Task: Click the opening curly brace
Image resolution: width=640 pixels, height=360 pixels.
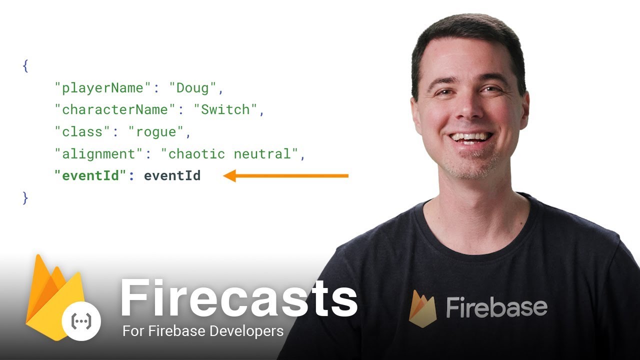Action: tap(25, 66)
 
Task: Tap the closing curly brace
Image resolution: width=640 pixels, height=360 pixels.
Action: tap(25, 198)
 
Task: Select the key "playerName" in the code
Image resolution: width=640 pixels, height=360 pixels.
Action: tap(102, 87)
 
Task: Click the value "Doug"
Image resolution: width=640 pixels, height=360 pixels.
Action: tap(192, 87)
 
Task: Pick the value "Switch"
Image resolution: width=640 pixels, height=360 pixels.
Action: tap(225, 109)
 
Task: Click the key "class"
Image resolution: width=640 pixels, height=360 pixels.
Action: tap(82, 131)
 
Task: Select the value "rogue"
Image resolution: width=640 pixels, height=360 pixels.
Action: tap(156, 132)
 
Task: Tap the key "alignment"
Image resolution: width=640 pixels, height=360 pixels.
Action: tap(98, 154)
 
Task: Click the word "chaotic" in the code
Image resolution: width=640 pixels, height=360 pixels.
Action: tap(196, 154)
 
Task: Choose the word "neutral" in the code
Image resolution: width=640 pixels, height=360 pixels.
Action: tap(262, 154)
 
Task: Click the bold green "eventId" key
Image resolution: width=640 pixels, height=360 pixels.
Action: tap(90, 175)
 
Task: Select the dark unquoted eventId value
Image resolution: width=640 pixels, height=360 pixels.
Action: tap(172, 175)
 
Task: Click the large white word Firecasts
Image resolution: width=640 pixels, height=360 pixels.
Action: tap(239, 297)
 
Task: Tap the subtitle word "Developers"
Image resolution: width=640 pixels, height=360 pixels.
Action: tap(246, 331)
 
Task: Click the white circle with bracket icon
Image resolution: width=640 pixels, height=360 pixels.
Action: tap(81, 321)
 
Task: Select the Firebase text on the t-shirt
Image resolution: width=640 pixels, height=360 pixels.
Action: tap(497, 307)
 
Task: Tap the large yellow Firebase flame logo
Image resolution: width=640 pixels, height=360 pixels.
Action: tap(54, 297)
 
